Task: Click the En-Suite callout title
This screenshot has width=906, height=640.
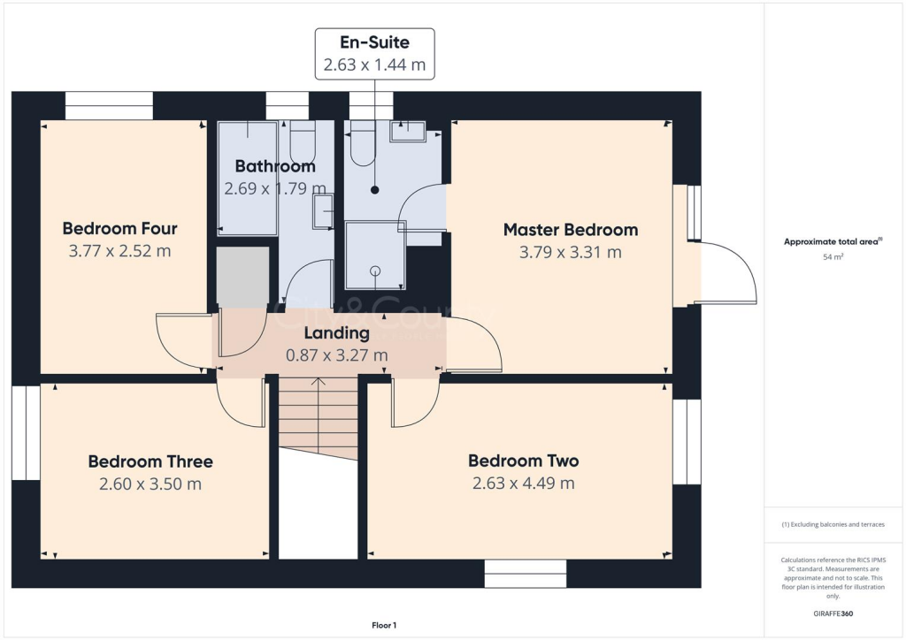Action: pos(375,41)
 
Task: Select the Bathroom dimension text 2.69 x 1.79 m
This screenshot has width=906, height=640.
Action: pos(274,187)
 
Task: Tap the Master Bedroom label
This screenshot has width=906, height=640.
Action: pos(570,230)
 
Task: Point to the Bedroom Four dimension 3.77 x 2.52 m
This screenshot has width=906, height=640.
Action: pos(119,250)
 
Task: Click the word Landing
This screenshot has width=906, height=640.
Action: pos(336,333)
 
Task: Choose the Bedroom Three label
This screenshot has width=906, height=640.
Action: pos(150,461)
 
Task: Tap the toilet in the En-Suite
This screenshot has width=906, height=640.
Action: pos(364,146)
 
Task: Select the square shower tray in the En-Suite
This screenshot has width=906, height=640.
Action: pos(375,255)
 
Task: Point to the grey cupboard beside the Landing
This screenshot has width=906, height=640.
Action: pos(242,277)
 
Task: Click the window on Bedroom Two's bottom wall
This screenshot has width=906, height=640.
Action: pos(525,574)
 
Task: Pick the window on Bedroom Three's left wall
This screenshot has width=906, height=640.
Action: pos(26,432)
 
